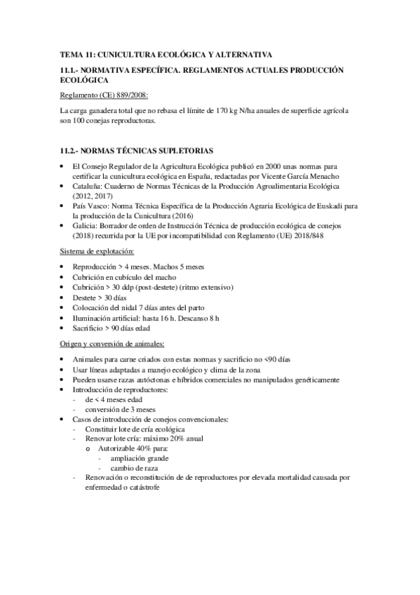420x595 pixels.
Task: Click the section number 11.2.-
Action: pyautogui.click(x=72, y=151)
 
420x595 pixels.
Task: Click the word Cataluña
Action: pyautogui.click(x=88, y=188)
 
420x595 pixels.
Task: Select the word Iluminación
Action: pyautogui.click(x=93, y=318)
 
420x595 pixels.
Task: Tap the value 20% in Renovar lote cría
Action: pyautogui.click(x=180, y=438)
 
